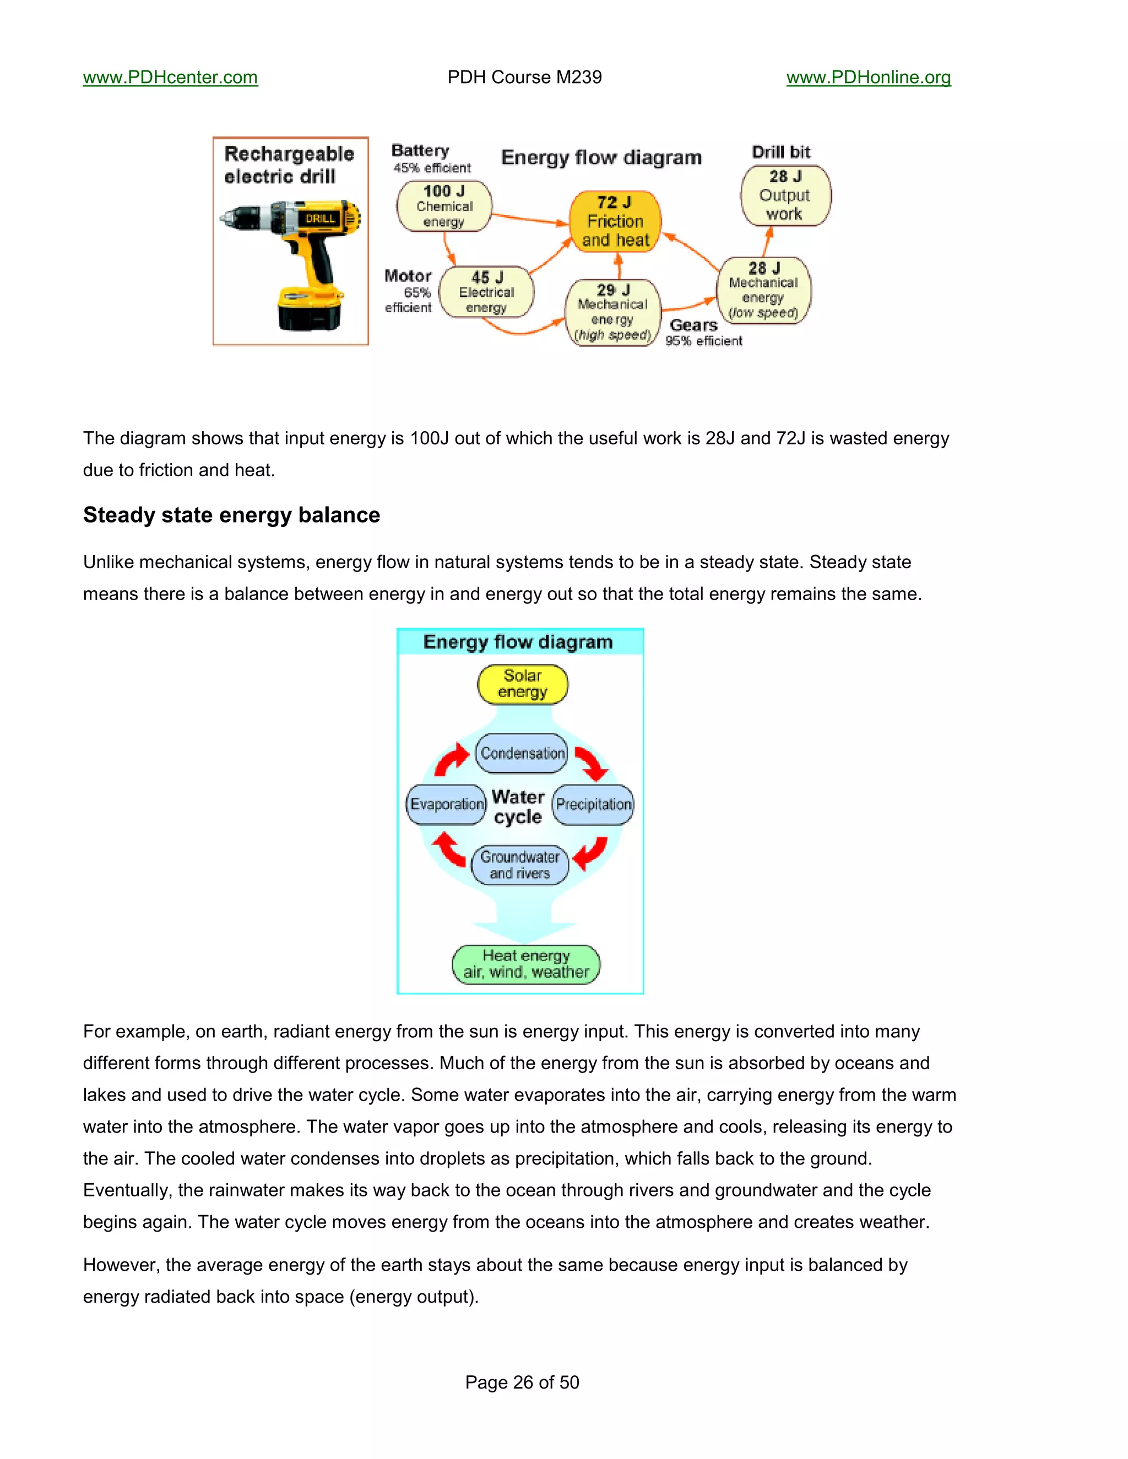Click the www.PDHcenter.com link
click(x=170, y=78)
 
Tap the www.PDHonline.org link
click(x=868, y=78)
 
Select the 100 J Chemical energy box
click(x=444, y=206)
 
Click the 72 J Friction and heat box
click(x=615, y=221)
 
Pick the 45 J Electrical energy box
click(x=486, y=292)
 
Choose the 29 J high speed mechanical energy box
click(x=613, y=312)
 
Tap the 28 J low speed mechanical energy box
click(x=764, y=291)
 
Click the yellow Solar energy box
click(x=523, y=684)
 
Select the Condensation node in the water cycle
click(x=522, y=753)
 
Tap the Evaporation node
click(x=446, y=804)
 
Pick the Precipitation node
click(x=593, y=804)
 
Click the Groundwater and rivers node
click(x=520, y=865)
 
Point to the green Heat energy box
click(x=526, y=964)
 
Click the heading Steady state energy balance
click(x=231, y=515)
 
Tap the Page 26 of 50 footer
click(x=522, y=1382)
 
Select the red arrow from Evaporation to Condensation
click(x=452, y=760)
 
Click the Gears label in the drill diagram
click(x=693, y=325)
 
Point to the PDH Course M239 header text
click(x=524, y=78)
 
